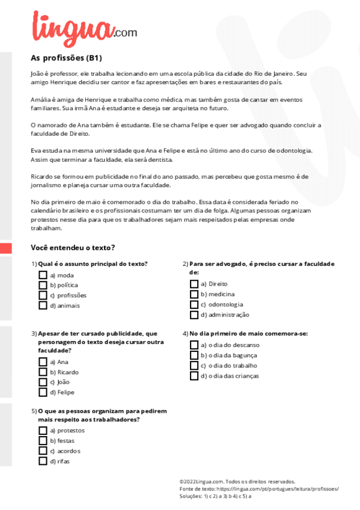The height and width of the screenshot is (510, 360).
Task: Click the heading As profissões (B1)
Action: point(66,58)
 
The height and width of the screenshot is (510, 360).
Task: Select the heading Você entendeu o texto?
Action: point(73,248)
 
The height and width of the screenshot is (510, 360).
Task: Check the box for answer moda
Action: point(43,275)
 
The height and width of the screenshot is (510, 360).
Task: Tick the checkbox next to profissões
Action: point(43,295)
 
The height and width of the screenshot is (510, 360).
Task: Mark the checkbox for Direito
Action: point(194,284)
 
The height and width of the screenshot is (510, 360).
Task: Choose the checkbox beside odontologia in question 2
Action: point(194,304)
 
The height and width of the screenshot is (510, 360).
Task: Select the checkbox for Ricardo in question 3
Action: point(43,372)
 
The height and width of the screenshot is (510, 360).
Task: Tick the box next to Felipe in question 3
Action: point(43,393)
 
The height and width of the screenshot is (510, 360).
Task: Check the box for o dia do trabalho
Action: point(194,366)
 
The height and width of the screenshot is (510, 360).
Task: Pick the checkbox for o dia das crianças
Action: point(194,376)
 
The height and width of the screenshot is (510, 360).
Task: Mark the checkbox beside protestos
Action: point(43,431)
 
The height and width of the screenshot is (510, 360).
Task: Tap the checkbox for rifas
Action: point(43,461)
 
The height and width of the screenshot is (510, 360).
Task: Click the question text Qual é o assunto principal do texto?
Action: point(93,263)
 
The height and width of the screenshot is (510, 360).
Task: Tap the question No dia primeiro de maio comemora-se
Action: point(248,333)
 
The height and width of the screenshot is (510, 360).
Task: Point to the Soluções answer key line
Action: point(215,496)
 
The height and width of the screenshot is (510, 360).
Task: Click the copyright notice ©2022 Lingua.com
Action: point(237,482)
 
